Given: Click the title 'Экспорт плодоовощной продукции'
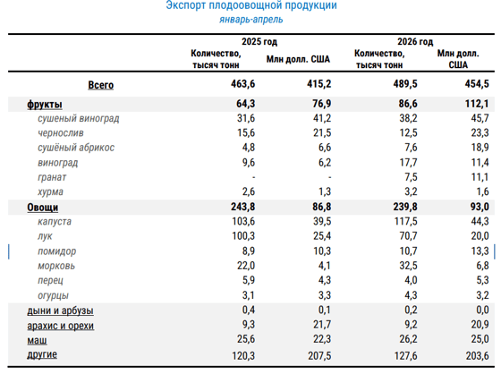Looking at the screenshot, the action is click(x=251, y=5).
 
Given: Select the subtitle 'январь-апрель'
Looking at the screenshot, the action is click(x=250, y=20).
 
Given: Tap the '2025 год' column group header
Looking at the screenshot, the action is click(x=259, y=41).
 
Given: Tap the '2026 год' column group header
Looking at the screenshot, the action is click(x=415, y=41).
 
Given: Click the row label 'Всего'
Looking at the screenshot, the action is click(x=100, y=85).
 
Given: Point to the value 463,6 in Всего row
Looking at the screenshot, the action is click(x=242, y=84).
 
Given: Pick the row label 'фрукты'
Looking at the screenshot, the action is click(x=45, y=104).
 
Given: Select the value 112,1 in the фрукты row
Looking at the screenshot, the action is click(x=477, y=104).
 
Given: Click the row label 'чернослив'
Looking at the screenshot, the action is click(x=61, y=132).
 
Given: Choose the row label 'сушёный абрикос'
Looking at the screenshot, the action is click(x=76, y=148).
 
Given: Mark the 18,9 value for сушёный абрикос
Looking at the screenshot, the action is click(x=480, y=148).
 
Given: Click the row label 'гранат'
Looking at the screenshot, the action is click(x=52, y=177).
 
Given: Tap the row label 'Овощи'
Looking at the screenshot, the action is click(x=43, y=208).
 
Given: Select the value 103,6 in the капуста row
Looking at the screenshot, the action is click(x=243, y=221).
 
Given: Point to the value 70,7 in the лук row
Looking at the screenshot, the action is click(x=408, y=236).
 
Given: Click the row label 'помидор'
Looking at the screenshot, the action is click(x=57, y=251).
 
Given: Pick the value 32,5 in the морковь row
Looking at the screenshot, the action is click(x=408, y=266).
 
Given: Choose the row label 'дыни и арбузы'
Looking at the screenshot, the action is click(x=61, y=310).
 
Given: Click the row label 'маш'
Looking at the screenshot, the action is click(x=37, y=340).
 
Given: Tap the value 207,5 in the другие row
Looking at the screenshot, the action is click(x=319, y=356).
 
